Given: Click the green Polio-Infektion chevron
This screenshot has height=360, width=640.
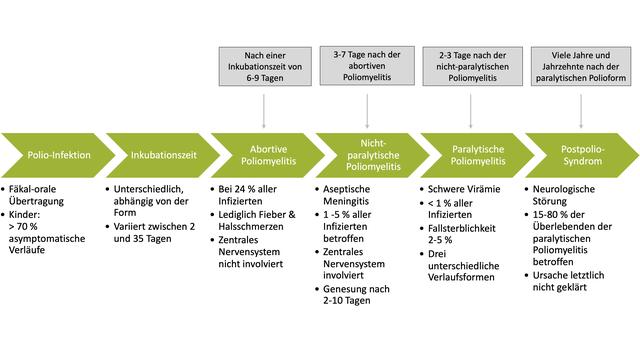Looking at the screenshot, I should coord(56,156).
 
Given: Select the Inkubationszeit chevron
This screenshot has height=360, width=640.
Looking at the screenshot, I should coord(161,156).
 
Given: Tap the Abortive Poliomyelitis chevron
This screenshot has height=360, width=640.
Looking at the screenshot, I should coord(265,156).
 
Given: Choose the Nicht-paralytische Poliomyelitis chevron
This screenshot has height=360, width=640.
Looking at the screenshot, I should coord(369,156).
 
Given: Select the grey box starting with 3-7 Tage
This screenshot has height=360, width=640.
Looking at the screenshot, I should coord(368,68).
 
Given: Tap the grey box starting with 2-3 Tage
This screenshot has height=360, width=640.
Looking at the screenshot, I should coord(473,68).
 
